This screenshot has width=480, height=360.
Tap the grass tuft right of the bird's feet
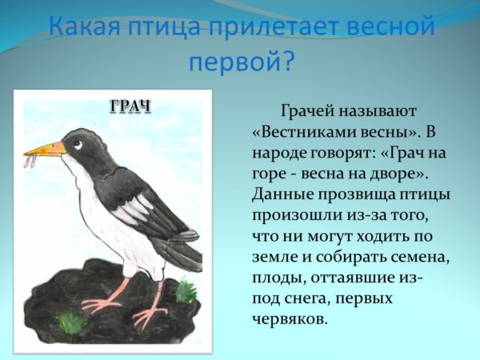coord(186,290)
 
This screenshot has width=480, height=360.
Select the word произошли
coord(293,214)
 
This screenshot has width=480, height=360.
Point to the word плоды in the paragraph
coord(276,277)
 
